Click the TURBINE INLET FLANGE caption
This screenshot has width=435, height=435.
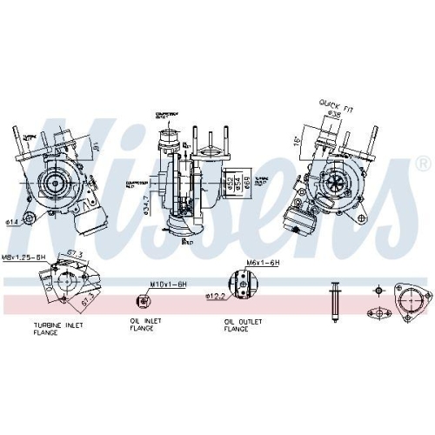tap(57, 329)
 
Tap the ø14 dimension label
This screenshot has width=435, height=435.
tap(13, 222)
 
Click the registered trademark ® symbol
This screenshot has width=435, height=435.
tap(422, 163)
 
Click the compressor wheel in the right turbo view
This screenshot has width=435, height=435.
tap(335, 184)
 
